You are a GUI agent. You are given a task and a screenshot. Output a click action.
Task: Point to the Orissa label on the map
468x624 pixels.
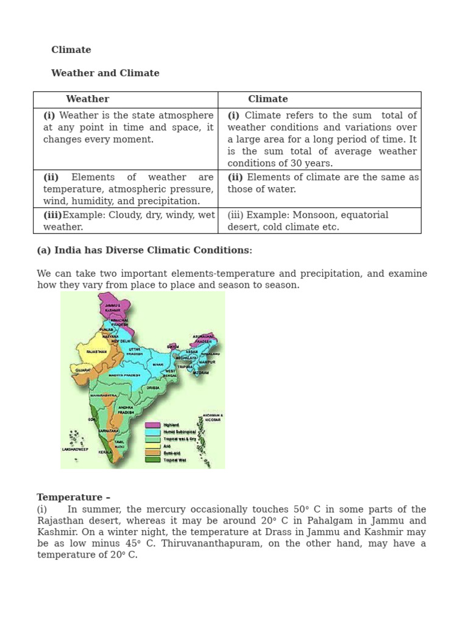pyautogui.click(x=153, y=388)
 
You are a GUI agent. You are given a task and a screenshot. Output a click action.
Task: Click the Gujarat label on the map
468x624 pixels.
pyautogui.click(x=83, y=370)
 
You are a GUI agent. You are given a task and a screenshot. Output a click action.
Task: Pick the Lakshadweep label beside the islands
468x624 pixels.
pyautogui.click(x=75, y=449)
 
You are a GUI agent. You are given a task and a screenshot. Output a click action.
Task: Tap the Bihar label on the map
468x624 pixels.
pyautogui.click(x=158, y=364)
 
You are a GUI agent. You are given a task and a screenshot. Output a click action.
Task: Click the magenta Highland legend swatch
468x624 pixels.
pyautogui.click(x=152, y=425)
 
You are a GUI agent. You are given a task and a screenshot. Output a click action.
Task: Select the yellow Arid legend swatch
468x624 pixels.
pyautogui.click(x=152, y=446)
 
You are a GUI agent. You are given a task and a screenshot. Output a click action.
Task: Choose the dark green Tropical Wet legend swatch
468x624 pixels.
pyautogui.click(x=152, y=460)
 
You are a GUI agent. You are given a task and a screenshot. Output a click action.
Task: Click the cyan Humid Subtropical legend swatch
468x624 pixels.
pyautogui.click(x=152, y=431)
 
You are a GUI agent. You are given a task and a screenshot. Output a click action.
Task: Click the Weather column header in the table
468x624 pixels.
pyautogui.click(x=88, y=99)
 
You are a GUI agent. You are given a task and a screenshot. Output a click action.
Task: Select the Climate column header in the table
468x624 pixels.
pyautogui.click(x=268, y=99)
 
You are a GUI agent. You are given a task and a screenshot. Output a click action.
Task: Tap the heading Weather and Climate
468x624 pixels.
pyautogui.click(x=105, y=73)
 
